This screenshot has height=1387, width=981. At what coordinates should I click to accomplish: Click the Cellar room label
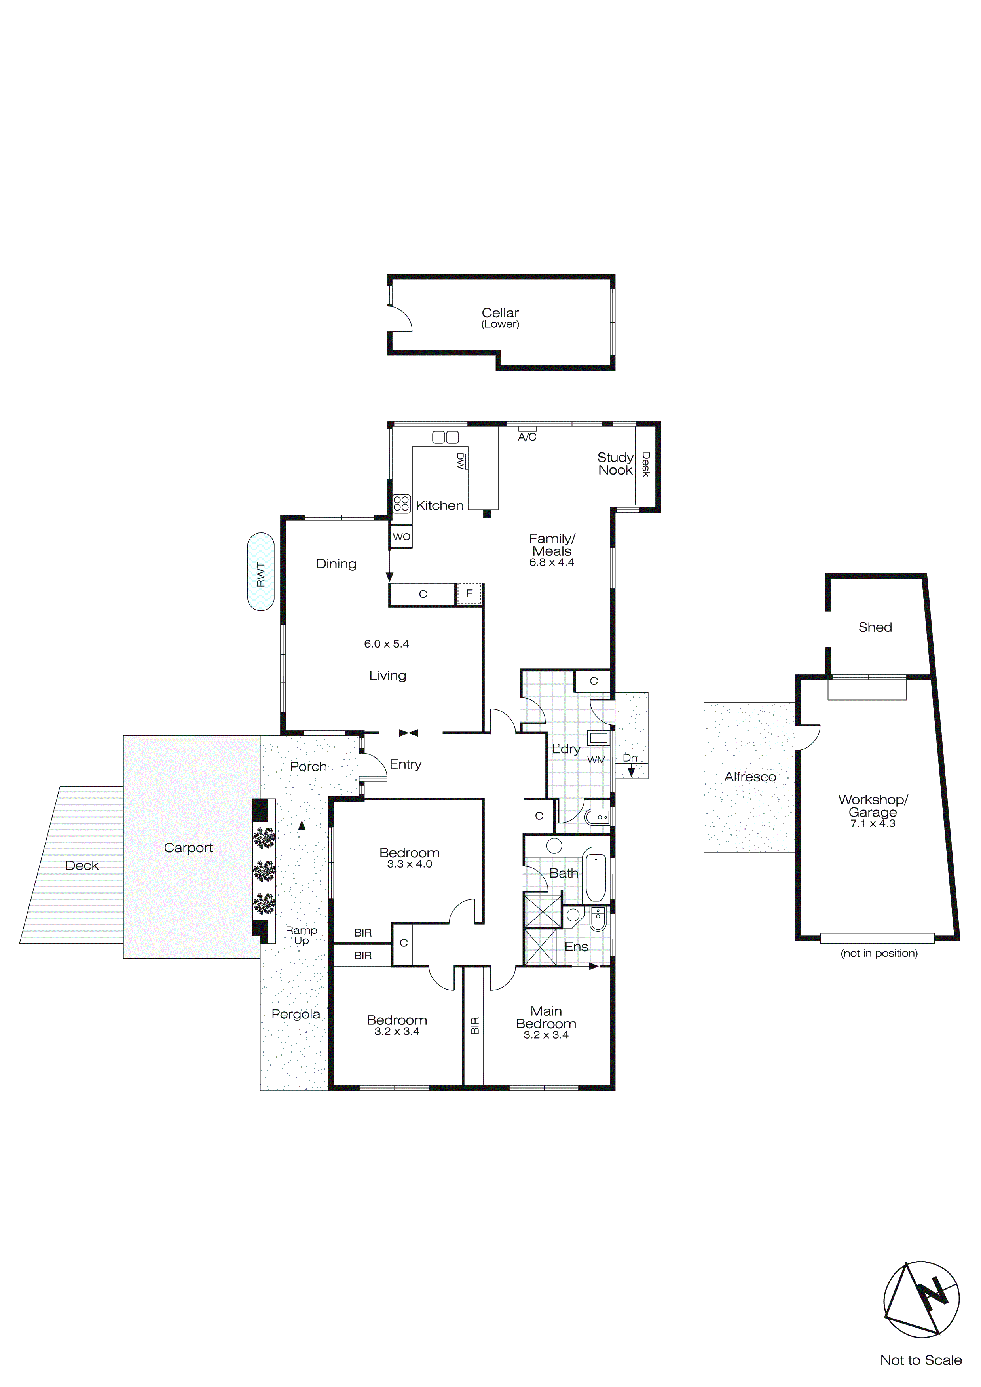pos(500,313)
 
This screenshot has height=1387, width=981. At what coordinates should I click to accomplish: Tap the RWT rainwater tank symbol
pos(260,572)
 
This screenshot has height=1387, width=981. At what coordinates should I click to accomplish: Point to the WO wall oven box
pos(401,536)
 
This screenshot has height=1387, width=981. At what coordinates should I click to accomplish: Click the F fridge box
pos(469,594)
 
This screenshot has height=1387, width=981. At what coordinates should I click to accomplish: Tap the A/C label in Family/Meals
pos(527,437)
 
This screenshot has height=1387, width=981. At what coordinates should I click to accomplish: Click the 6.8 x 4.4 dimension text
pos(552,562)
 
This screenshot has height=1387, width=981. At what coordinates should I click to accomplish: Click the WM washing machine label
pos(596,760)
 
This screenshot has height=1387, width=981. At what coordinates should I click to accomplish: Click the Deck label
pos(82,866)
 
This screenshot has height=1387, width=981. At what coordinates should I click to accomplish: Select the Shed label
pos(875,627)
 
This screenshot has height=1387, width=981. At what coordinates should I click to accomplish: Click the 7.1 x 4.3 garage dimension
pos(872,823)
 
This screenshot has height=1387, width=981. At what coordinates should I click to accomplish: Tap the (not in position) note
pos(879,953)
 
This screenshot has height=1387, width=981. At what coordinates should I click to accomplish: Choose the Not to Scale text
pos(920,1359)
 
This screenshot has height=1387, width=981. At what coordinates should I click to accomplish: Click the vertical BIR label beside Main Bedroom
pos(475,1026)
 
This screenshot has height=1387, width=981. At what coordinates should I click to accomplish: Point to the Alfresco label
pos(750,777)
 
